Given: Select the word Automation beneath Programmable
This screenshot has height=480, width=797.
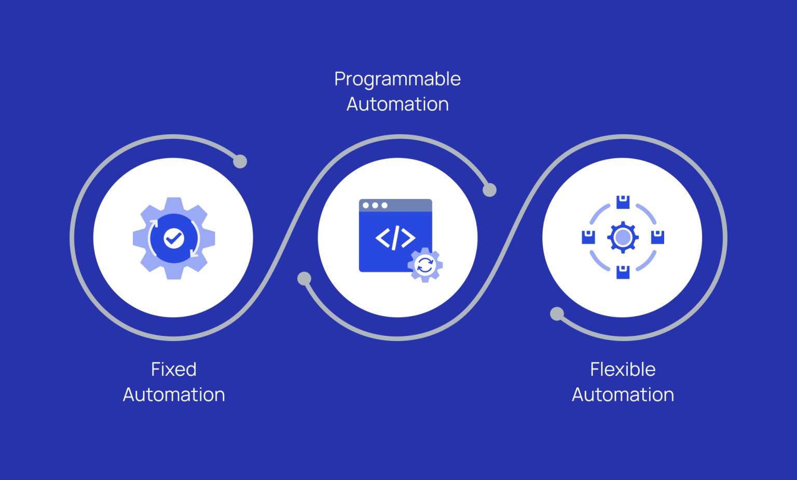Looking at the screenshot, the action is click(x=397, y=104).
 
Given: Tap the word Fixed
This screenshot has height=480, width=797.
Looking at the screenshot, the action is click(x=174, y=369).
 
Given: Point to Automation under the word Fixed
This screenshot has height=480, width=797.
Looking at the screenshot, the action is click(x=174, y=394).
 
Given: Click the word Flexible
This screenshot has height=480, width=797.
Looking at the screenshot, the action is click(x=623, y=369).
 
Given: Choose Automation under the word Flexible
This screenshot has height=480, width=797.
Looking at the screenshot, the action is click(x=623, y=394).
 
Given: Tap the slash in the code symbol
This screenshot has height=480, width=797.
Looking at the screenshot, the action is click(x=395, y=238).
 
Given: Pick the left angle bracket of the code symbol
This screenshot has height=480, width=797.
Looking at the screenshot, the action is click(x=382, y=238).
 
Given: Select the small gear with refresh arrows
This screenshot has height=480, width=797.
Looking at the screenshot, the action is click(x=425, y=265).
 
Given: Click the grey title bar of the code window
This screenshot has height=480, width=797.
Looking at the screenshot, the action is click(x=396, y=205).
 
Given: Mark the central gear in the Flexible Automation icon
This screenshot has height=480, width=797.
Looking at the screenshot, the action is click(x=623, y=237).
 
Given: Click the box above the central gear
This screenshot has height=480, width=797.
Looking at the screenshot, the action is click(x=623, y=202).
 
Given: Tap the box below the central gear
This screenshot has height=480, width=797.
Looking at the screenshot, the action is click(x=623, y=272).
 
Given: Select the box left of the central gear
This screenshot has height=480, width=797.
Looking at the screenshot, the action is click(x=588, y=237).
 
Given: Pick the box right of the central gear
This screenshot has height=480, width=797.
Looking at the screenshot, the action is click(x=657, y=237).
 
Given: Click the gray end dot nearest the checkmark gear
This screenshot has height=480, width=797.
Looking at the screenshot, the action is click(x=240, y=161).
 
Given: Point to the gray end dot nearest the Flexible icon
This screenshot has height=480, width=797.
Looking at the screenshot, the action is click(x=557, y=314).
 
